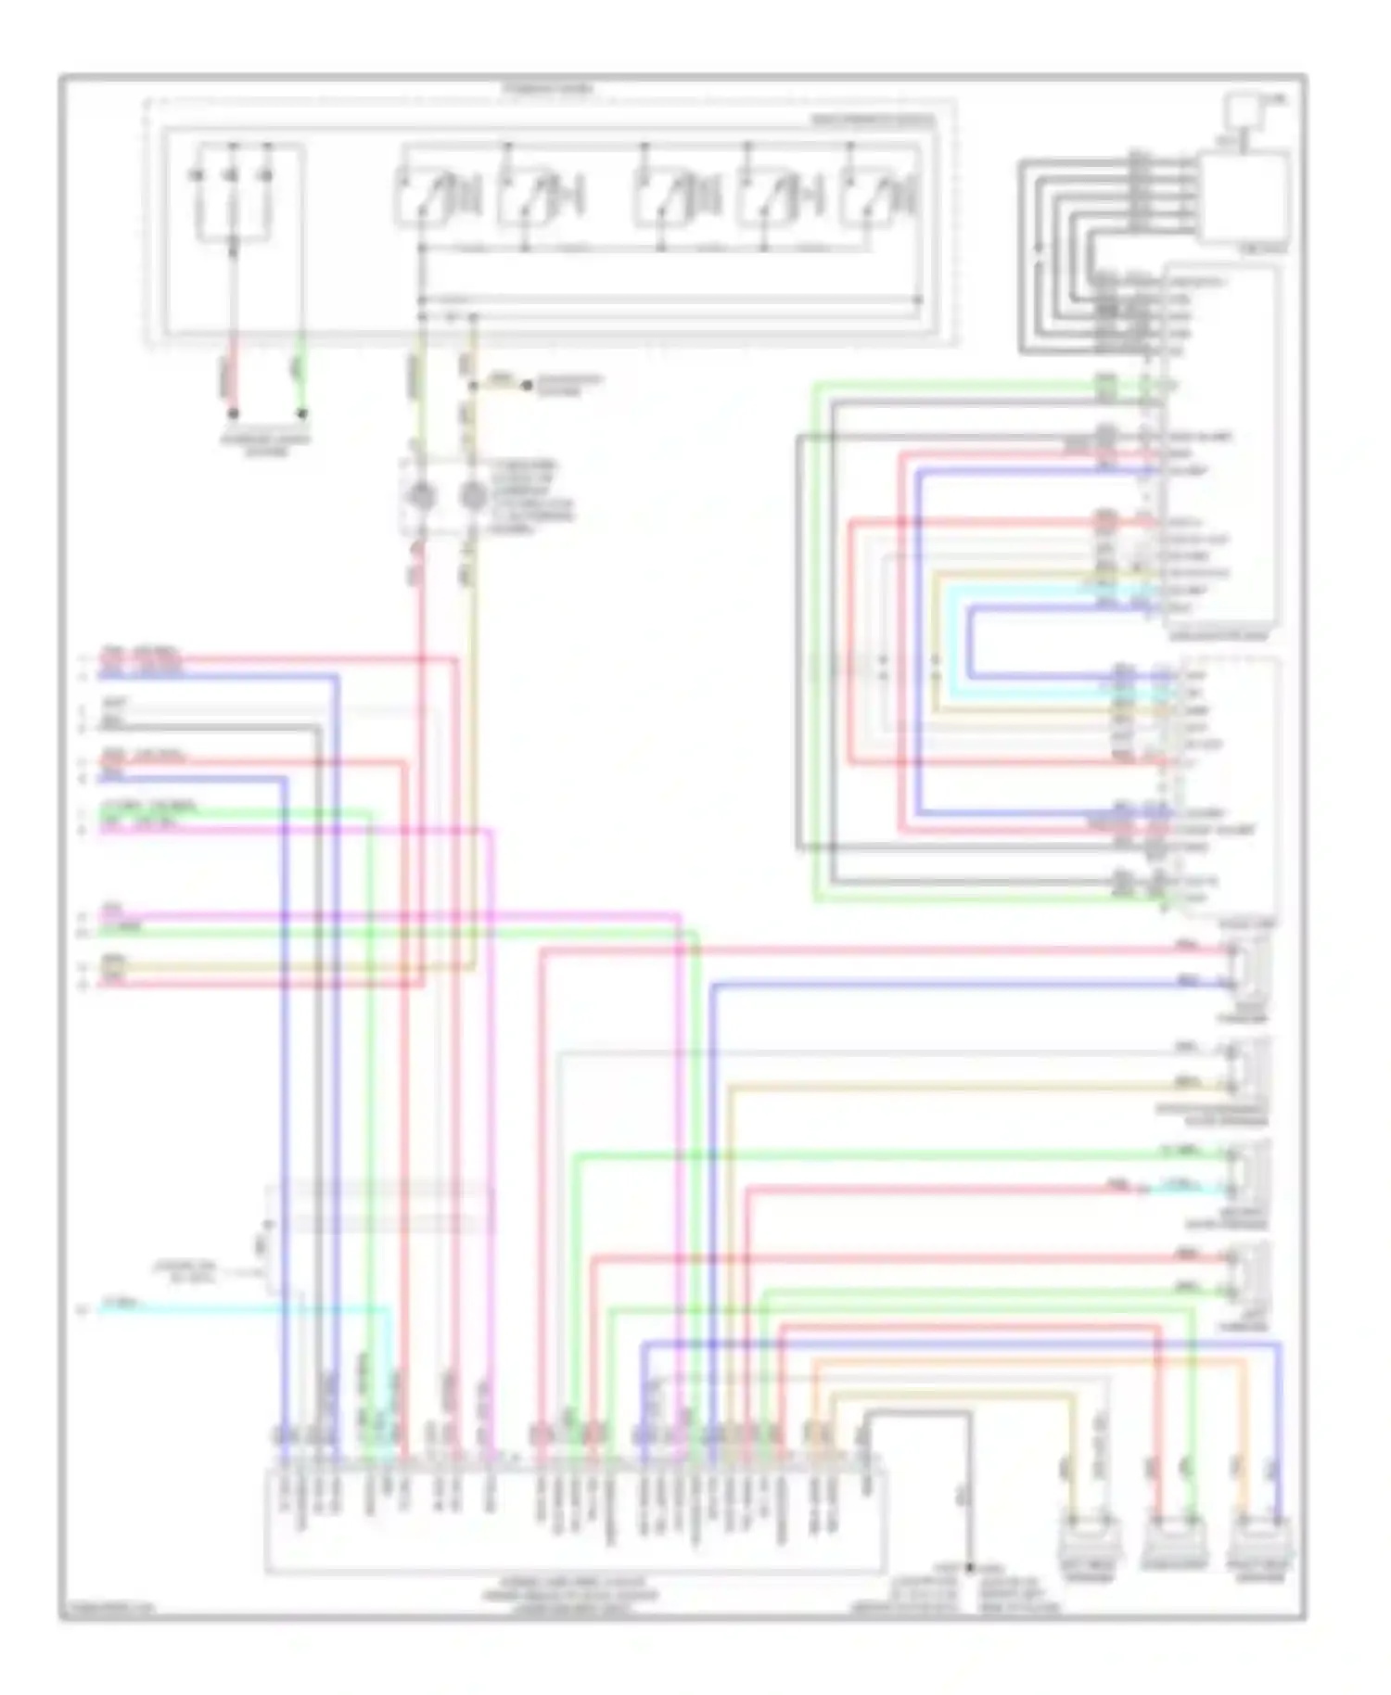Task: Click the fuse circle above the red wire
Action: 422,495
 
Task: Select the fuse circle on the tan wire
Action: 473,495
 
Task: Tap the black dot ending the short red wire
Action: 234,414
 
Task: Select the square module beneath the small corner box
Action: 1244,197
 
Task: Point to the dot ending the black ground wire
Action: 970,1567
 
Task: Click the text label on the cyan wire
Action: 121,1303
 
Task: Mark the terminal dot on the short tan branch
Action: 527,384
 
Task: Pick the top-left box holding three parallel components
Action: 233,194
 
